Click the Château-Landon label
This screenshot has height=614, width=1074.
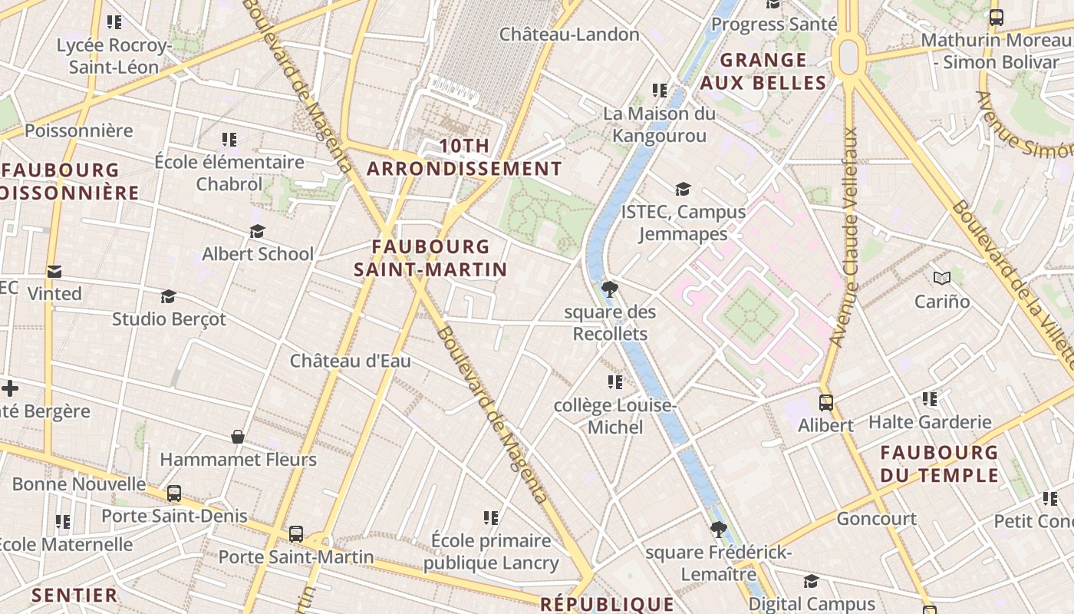click(x=569, y=35)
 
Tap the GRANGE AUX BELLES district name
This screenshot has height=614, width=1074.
click(x=763, y=71)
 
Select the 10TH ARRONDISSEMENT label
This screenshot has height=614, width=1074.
click(x=464, y=157)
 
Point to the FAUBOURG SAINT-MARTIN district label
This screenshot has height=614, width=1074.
click(x=430, y=258)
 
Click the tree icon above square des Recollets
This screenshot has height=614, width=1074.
click(x=610, y=289)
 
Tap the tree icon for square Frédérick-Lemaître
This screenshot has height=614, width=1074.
click(x=718, y=529)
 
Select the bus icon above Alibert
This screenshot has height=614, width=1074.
click(x=826, y=402)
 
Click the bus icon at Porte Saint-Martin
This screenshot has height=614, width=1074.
click(x=296, y=533)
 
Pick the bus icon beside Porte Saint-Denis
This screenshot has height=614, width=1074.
click(x=174, y=493)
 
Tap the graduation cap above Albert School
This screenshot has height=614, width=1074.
click(x=258, y=231)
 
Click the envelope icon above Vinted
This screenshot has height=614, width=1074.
click(x=54, y=271)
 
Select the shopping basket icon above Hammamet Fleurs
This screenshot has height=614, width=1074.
click(x=238, y=437)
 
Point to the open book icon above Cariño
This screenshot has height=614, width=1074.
click(x=942, y=278)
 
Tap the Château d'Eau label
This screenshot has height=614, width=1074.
click(x=351, y=361)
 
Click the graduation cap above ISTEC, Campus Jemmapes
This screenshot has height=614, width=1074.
click(x=683, y=189)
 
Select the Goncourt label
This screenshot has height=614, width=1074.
click(x=876, y=519)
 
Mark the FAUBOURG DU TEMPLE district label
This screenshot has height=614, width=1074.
click(x=939, y=464)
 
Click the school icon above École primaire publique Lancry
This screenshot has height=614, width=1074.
click(x=491, y=518)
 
